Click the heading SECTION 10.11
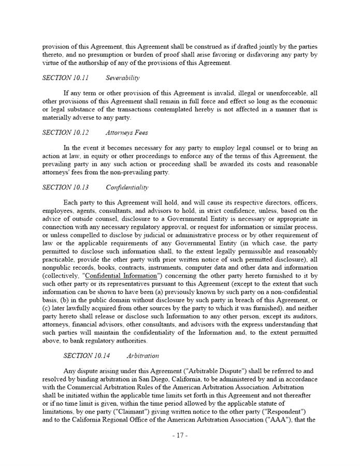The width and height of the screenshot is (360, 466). pos(65,78)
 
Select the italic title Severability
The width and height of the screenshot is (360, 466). pos(123,78)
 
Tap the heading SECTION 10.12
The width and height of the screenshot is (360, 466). pos(65,133)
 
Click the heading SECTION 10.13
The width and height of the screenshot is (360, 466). pos(65,187)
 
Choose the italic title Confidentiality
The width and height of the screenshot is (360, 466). pos(127,187)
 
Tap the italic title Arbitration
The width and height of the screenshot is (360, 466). pos(142,356)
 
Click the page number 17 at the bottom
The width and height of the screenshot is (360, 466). pos(180,435)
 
